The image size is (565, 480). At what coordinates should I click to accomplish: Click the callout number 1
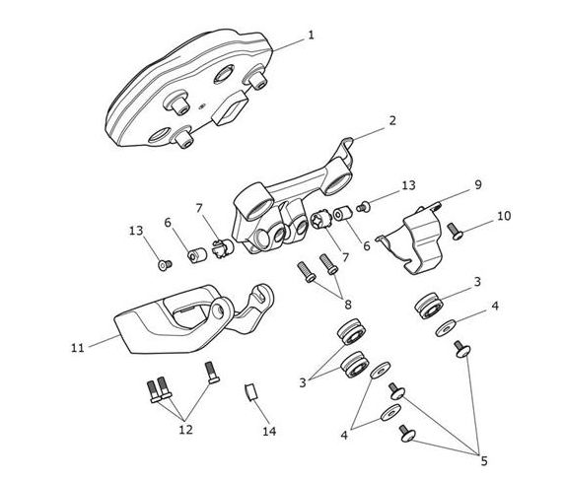311,35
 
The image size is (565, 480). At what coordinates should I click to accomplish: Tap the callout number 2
392,120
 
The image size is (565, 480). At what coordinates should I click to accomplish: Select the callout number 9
478,184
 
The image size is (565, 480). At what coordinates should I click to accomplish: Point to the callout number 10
504,216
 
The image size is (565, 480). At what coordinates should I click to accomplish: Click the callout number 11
78,348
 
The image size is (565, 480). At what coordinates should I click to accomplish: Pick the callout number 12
186,430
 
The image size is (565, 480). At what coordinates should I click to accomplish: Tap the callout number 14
269,431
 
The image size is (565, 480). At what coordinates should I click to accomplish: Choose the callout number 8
348,305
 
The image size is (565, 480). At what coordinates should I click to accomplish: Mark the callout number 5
484,460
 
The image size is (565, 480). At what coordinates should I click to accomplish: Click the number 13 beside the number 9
408,185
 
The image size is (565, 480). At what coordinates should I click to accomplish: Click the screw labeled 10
456,232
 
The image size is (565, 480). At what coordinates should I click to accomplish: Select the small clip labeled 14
251,391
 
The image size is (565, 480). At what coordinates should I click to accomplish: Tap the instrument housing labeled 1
187,90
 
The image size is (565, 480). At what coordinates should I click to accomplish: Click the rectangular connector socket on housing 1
230,107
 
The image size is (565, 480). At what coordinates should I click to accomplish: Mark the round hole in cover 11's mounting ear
218,311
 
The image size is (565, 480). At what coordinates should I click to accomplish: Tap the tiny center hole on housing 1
202,105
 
